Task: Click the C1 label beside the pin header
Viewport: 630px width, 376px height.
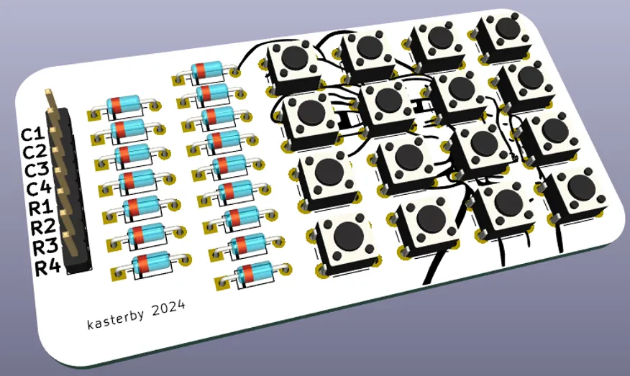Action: (32, 134)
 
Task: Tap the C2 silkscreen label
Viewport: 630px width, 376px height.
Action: (35, 152)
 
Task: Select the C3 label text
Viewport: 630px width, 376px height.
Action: (37, 170)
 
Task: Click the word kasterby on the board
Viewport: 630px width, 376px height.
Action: (115, 318)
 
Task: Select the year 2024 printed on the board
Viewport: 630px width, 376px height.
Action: (169, 308)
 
